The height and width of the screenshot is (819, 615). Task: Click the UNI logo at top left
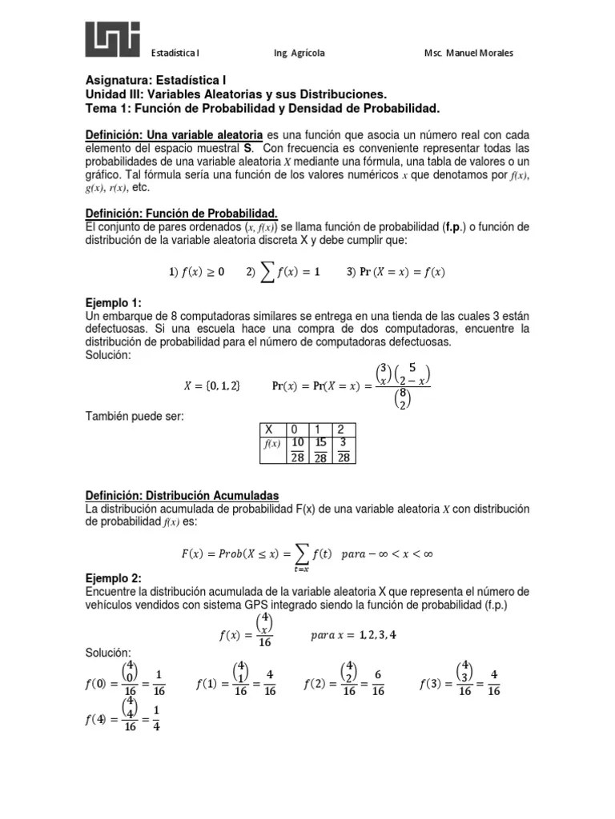coord(113,39)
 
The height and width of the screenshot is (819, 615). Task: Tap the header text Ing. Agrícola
coord(299,54)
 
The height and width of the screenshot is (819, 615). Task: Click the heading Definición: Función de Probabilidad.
coord(182,213)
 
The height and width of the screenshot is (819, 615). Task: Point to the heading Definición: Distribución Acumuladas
coord(183,496)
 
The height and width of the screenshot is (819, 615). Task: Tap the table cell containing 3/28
coord(343,449)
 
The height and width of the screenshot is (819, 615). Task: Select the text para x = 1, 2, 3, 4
coord(352,636)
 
